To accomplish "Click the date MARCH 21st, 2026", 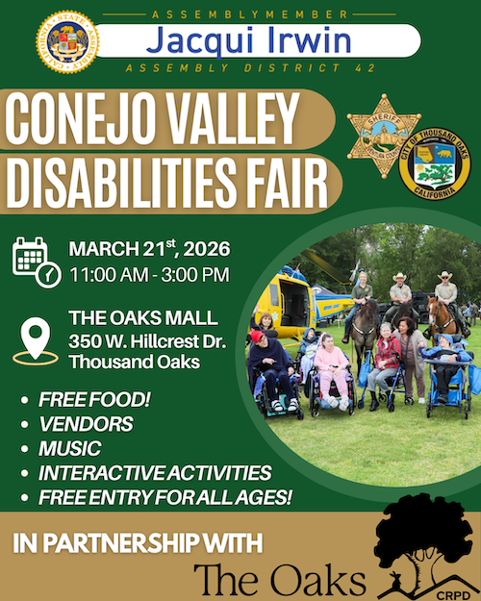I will pyautogui.click(x=149, y=250).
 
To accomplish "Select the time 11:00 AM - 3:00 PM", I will pyautogui.click(x=148, y=275).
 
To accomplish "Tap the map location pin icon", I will pyautogui.click(x=37, y=341).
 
